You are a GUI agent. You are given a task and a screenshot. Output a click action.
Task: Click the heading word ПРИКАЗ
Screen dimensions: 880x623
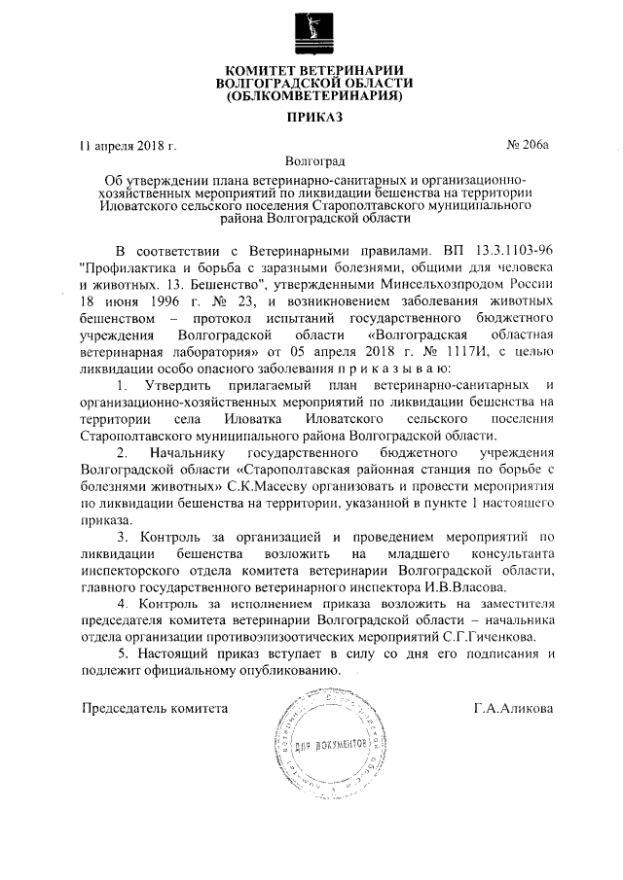pos(313,120)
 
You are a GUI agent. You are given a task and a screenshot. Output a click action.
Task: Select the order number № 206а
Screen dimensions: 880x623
pos(530,146)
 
